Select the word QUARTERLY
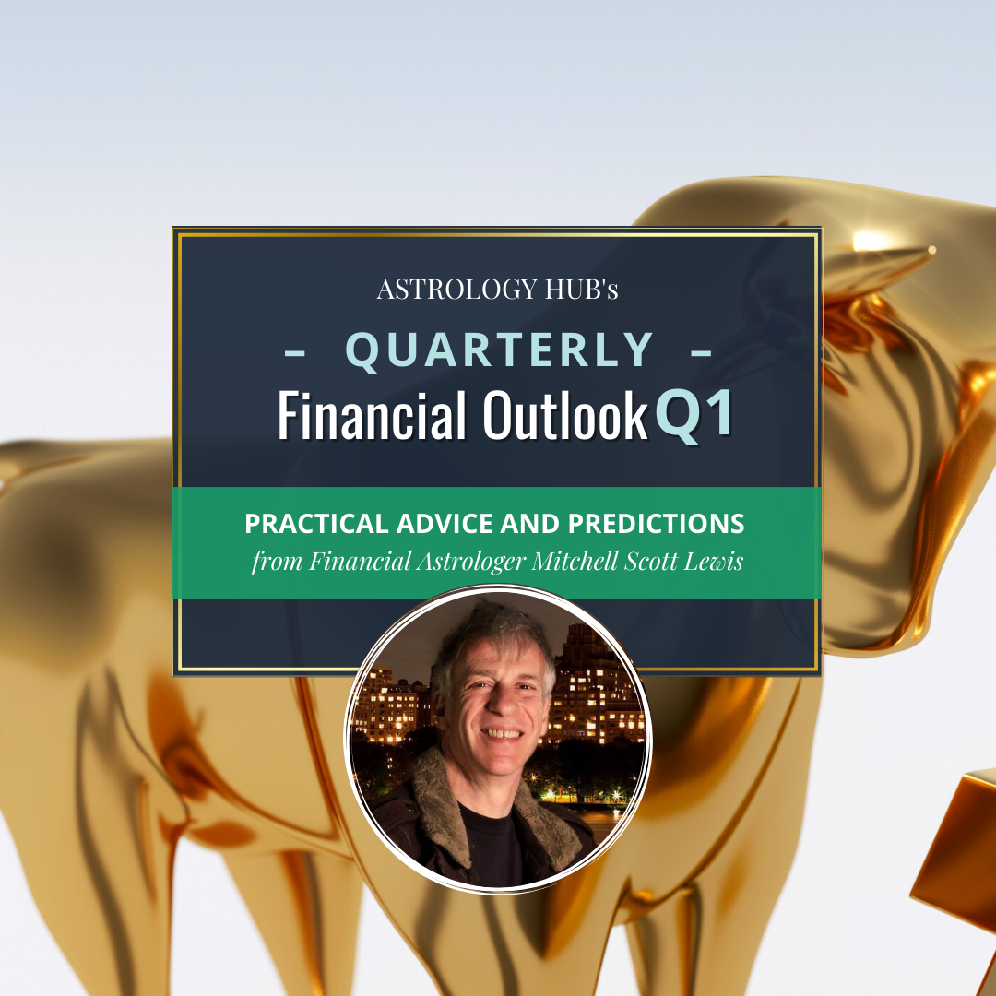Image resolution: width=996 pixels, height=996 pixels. coord(499,350)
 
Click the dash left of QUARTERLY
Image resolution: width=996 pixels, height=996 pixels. coord(295,351)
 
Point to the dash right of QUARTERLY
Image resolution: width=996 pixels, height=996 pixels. coord(701,351)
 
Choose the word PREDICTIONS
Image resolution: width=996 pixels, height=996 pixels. coord(656,525)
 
